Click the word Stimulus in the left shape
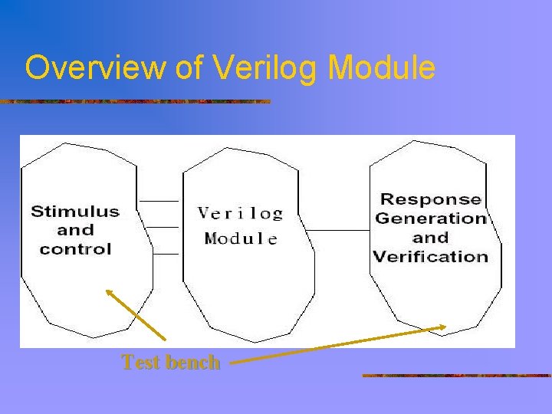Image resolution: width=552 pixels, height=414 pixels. click(75, 212)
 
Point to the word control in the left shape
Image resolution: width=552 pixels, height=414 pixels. click(75, 248)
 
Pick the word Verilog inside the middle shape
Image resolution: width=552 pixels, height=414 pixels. click(241, 213)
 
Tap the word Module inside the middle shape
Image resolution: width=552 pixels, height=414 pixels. click(241, 238)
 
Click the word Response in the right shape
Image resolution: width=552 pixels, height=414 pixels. click(431, 199)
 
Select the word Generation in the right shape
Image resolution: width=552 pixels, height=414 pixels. click(431, 219)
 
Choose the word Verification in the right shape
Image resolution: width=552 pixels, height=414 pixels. click(431, 256)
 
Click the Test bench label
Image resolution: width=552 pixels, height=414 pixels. click(171, 362)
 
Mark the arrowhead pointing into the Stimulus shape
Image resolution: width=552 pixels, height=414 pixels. click(108, 291)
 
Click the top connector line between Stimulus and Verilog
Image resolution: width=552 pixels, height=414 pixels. click(160, 201)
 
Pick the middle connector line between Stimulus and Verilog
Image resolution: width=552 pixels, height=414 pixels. click(160, 227)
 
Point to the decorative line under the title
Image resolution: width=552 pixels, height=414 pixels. click(135, 101)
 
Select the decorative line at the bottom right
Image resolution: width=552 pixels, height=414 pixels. click(456, 376)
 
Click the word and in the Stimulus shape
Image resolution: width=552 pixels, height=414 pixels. click(75, 230)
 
